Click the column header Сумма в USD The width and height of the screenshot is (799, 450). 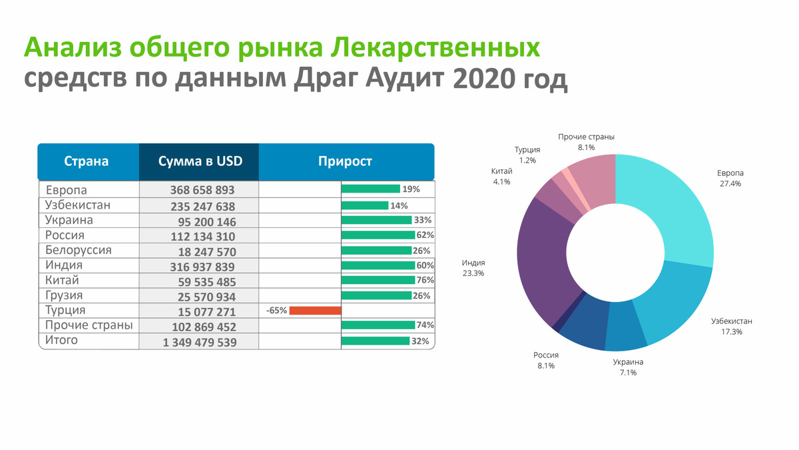(x=200, y=161)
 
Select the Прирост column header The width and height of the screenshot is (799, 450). (x=345, y=161)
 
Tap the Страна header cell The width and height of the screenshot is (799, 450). (x=87, y=161)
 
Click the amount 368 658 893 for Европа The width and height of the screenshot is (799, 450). (x=202, y=190)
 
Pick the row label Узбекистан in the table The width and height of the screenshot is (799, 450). (x=78, y=205)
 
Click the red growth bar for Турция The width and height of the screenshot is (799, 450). (x=316, y=311)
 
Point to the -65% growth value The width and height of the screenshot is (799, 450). (x=276, y=311)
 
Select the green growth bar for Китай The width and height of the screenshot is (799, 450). (x=378, y=280)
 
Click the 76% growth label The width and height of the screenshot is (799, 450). (x=425, y=280)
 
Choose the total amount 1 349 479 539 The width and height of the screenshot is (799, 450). (x=200, y=343)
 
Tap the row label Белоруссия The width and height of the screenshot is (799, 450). (x=79, y=250)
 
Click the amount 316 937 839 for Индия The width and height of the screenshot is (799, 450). (x=202, y=267)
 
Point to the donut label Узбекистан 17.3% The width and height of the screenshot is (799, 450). (x=732, y=327)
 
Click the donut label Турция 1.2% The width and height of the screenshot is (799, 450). (x=527, y=155)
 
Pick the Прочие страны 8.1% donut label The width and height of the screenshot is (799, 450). (x=587, y=142)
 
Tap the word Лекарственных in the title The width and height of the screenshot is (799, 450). (x=435, y=48)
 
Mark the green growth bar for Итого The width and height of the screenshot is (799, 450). (x=376, y=341)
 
